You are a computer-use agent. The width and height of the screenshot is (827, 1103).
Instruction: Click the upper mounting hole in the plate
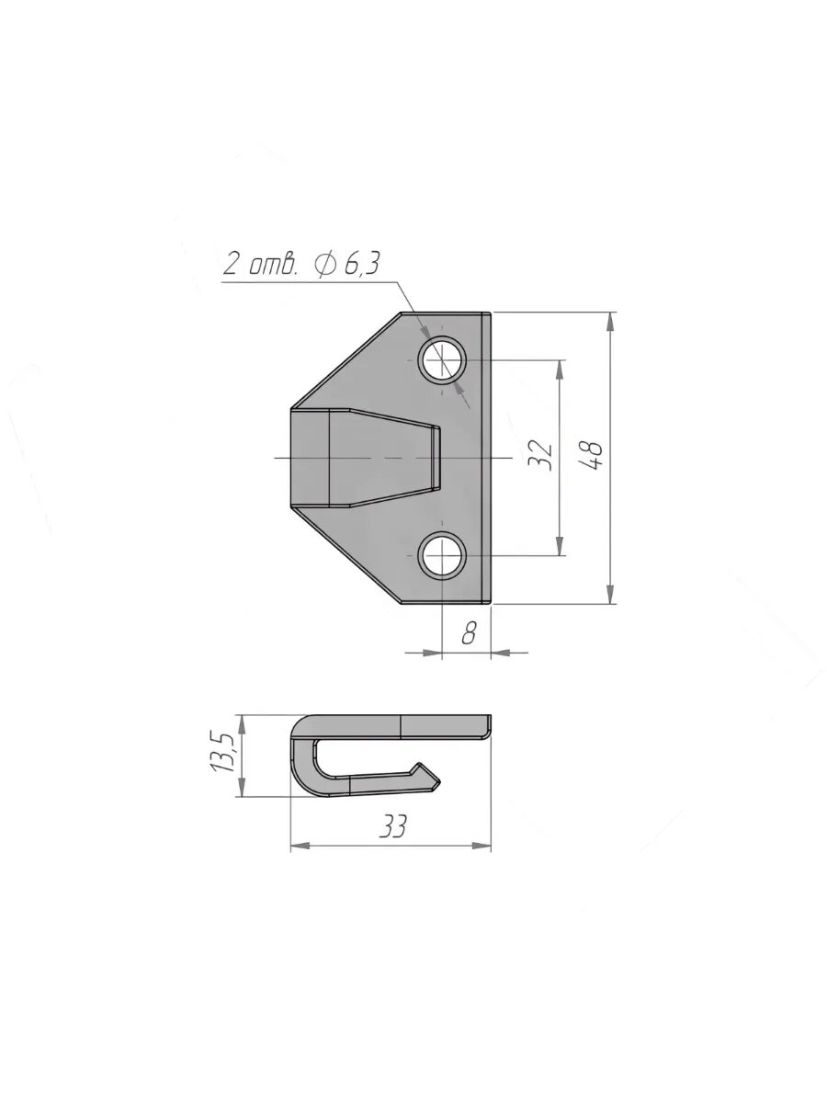click(444, 359)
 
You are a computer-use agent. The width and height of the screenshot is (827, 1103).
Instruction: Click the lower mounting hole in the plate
click(444, 555)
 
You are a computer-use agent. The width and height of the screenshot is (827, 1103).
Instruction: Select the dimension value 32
click(541, 455)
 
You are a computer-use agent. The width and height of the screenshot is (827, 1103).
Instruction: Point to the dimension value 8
click(469, 632)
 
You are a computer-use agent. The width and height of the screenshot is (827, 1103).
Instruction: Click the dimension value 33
click(392, 824)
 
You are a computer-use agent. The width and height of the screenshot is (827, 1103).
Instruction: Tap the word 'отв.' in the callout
click(273, 265)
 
